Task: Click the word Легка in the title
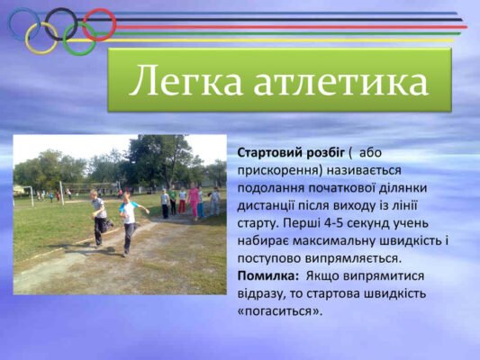pos(184,82)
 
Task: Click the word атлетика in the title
pos(340,82)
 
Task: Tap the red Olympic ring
pos(98,24)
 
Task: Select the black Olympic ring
pos(61,24)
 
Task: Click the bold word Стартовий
pos(270,153)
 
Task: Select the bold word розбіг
pos(325,153)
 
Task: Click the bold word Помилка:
pos(269,276)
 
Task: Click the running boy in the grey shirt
pos(98,216)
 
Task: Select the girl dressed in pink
pos(194,199)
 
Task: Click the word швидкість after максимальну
pos(410,240)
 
